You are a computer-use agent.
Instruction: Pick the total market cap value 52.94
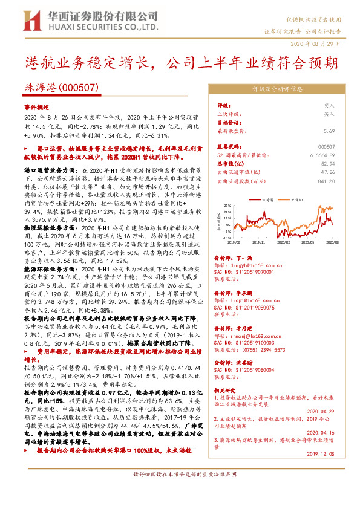point(328,163)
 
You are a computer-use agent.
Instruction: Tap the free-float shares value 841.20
point(326,180)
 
